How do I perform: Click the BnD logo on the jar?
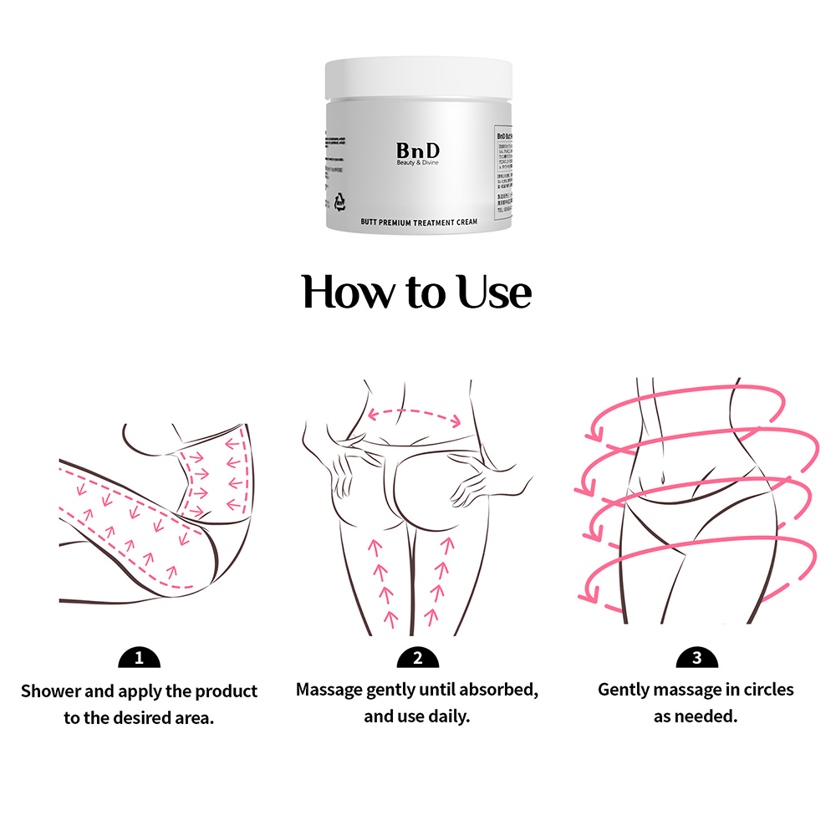tap(418, 150)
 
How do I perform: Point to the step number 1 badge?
tap(139, 658)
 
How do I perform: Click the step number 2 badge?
tap(417, 658)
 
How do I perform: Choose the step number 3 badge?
tap(696, 658)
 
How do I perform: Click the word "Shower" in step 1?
tap(51, 691)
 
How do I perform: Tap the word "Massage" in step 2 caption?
tap(329, 691)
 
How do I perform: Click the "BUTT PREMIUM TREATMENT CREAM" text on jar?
tap(418, 222)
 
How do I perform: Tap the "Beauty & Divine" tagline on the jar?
tap(418, 163)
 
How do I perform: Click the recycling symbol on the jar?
tap(340, 201)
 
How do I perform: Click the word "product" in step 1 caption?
tap(227, 691)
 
